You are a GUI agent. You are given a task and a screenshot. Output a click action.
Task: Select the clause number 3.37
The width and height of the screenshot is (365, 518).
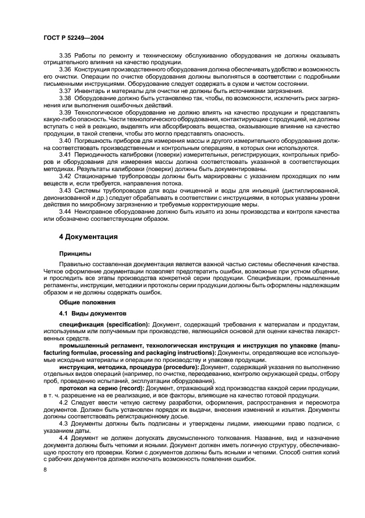point(66,90)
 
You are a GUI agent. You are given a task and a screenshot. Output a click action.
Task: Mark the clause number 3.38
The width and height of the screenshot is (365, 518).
point(66,97)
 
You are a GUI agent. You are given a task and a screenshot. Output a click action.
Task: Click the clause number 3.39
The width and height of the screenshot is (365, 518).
point(66,111)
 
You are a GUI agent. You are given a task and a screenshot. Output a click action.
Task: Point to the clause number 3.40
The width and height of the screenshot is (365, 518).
point(66,141)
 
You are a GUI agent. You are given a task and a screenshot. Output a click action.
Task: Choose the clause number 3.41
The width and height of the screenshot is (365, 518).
point(66,155)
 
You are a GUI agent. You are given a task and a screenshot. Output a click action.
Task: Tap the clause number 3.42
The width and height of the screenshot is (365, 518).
point(66,175)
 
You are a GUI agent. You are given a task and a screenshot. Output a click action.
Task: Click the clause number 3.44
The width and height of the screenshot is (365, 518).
point(66,211)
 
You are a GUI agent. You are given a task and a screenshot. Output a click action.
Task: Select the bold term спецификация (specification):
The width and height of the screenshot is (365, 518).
point(104,323)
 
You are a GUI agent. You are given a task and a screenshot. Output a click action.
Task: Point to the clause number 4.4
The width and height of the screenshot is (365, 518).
point(64,437)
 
